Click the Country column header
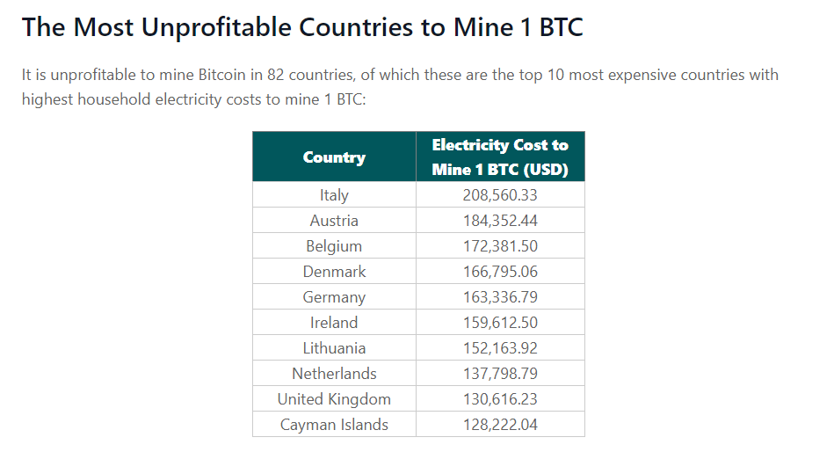tap(334, 157)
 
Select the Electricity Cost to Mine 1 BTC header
tap(500, 157)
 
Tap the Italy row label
tap(334, 195)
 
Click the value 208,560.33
tap(500, 195)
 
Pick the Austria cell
tap(334, 221)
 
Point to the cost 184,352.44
tap(500, 221)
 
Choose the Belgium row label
tap(334, 246)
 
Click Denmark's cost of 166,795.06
tap(500, 272)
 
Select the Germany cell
tap(334, 297)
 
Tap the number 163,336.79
tap(500, 297)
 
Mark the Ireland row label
tap(334, 323)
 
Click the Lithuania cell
tap(334, 348)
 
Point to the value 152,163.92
tap(500, 348)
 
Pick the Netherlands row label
tap(334, 374)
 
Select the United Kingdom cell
tap(334, 399)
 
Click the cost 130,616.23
tap(500, 399)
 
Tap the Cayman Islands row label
tap(334, 425)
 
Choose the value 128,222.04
tap(500, 425)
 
